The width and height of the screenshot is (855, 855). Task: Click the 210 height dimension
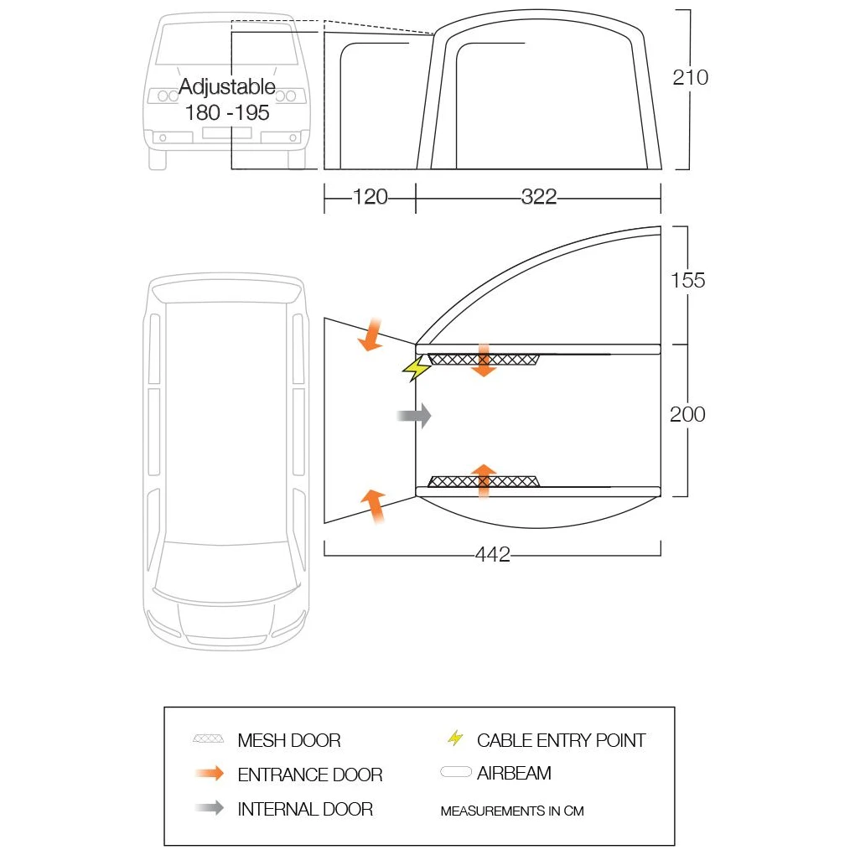tap(690, 77)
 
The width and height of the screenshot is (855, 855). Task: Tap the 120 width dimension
tap(370, 197)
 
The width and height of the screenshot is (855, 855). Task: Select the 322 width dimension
tap(538, 197)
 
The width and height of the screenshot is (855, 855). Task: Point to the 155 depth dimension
tap(687, 280)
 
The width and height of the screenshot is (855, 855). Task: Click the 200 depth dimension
tap(687, 414)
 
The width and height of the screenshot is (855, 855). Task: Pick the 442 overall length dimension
tap(492, 555)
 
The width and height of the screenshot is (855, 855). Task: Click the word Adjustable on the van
tap(226, 87)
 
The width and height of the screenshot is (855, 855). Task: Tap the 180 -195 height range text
tap(226, 112)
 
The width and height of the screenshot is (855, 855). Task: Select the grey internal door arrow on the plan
tap(415, 415)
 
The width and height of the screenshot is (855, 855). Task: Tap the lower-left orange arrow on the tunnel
tap(373, 505)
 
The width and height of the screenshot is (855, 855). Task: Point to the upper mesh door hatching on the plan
tap(484, 360)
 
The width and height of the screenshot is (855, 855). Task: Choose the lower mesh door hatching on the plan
tap(484, 481)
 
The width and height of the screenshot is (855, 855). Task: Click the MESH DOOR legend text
tap(288, 740)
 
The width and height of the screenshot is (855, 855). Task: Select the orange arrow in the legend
tap(209, 774)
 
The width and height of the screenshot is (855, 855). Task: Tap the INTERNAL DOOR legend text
tap(305, 809)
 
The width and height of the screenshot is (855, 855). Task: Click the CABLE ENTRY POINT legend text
tap(561, 740)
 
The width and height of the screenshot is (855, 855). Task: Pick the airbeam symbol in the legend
tap(456, 773)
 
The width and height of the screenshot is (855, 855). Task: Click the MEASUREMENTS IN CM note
tap(511, 811)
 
